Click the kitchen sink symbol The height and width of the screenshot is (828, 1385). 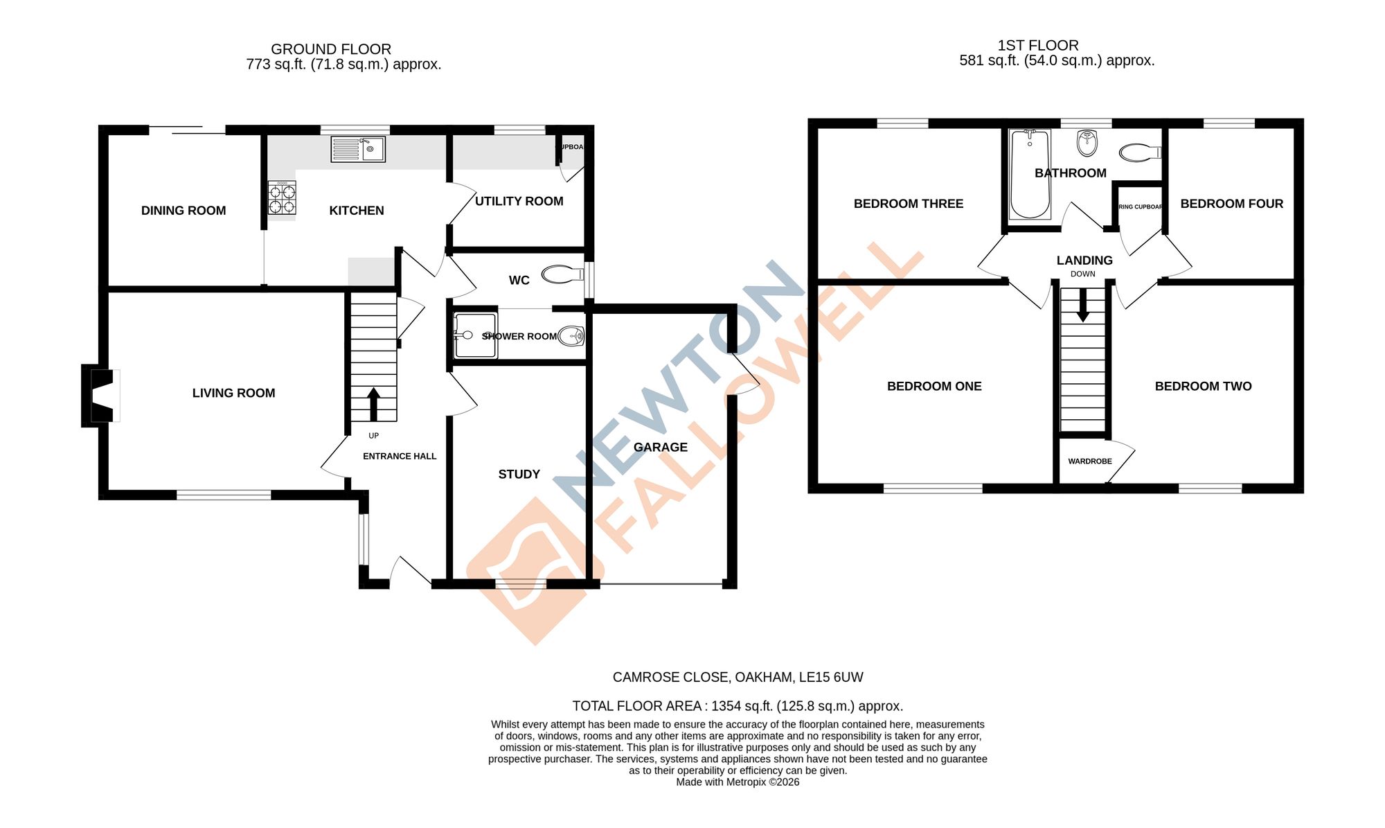point(357,149)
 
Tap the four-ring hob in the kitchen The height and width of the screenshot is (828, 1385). point(282,199)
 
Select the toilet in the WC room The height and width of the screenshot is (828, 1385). point(562,275)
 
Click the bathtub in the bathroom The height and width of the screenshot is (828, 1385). point(1029,174)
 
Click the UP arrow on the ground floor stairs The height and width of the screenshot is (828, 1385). point(373,404)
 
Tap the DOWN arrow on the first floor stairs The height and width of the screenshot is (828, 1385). point(1082,305)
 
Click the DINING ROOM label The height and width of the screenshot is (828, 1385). point(184,211)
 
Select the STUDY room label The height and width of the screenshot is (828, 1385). point(519,474)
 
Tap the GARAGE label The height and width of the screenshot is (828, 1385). point(660,447)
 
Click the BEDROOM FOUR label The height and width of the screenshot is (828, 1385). point(1231,204)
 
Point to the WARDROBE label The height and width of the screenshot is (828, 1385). point(1089,461)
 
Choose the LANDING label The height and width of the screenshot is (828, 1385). point(1084,261)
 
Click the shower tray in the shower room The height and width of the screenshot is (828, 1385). point(475,336)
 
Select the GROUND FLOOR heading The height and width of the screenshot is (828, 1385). point(330,49)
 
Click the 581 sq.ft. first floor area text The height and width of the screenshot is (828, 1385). point(1056,61)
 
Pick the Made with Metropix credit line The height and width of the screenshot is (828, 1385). point(738,782)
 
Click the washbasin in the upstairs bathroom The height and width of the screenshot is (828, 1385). point(1087,143)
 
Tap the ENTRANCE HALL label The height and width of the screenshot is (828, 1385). point(400,456)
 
